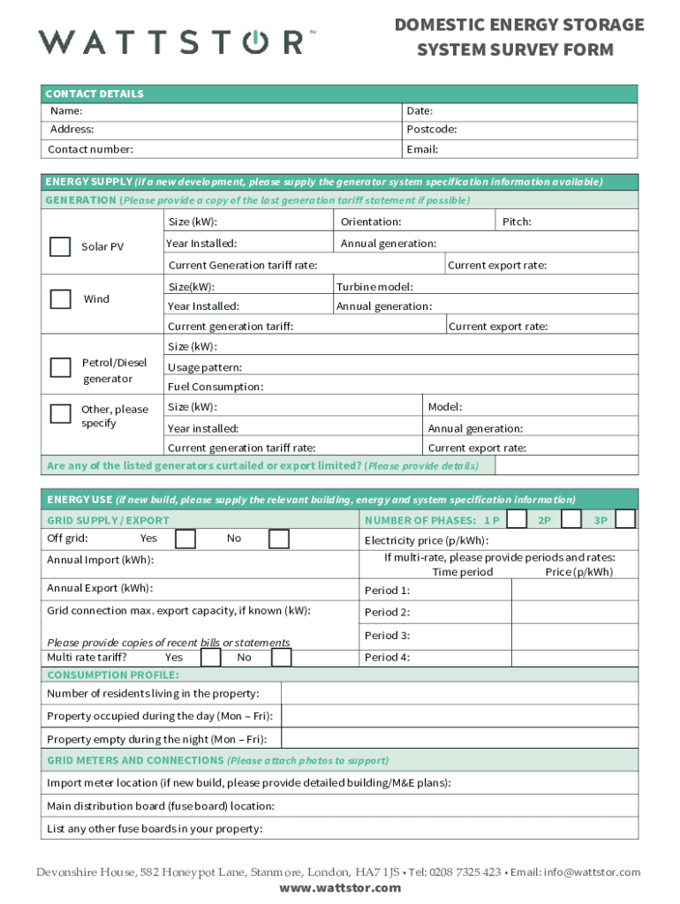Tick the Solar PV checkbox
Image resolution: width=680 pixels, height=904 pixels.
[x=60, y=246]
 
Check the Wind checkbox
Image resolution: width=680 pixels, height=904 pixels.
[x=60, y=298]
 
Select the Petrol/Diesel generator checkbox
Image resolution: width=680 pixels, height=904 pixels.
[x=60, y=367]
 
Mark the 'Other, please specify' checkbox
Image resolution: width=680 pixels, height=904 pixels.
[x=60, y=414]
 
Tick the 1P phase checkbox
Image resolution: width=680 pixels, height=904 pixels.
[x=518, y=519]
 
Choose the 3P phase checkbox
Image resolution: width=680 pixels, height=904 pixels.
[x=625, y=519]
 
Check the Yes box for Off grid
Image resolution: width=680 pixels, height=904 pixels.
[x=185, y=539]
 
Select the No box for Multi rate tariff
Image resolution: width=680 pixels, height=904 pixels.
[x=281, y=657]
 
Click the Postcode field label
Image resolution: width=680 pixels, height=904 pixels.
[x=432, y=130]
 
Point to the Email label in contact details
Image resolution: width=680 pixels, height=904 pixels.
[x=422, y=149]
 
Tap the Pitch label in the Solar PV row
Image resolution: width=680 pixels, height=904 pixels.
[x=517, y=222]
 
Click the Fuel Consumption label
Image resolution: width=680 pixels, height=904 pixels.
[x=215, y=387]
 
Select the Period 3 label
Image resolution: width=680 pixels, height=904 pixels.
[x=387, y=636]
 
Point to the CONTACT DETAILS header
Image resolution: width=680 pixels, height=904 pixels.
[x=94, y=94]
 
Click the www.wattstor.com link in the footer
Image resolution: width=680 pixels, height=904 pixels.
[x=340, y=887]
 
